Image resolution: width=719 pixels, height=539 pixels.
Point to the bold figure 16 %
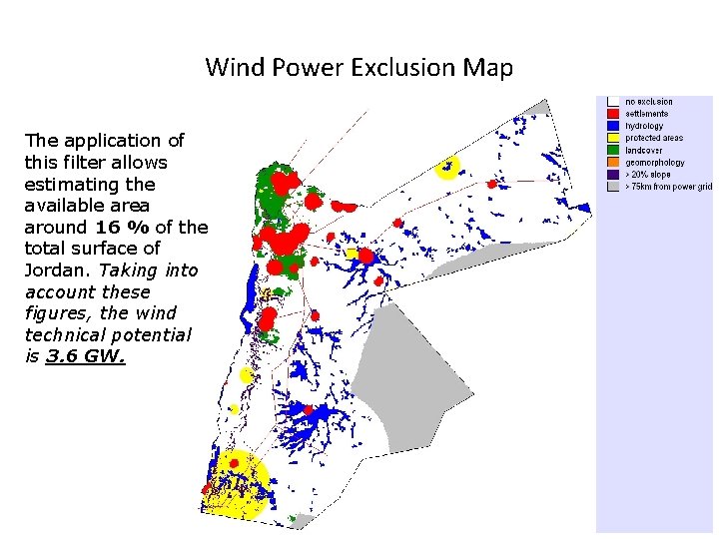(x=121, y=227)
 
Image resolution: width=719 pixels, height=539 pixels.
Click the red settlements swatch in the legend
(x=612, y=114)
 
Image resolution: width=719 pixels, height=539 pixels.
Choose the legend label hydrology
(x=644, y=126)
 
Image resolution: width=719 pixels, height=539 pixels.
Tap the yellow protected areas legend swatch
(x=612, y=138)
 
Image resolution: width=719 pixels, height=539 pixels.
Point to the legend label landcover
(x=644, y=150)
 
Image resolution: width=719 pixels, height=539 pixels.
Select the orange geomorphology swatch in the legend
(x=612, y=162)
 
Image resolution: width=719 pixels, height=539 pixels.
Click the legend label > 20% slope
(x=650, y=174)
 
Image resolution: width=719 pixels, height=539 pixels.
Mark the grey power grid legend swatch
(x=612, y=186)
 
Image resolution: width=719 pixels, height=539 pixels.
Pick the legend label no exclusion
(x=649, y=102)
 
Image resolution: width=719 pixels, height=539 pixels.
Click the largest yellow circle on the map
(x=238, y=482)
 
